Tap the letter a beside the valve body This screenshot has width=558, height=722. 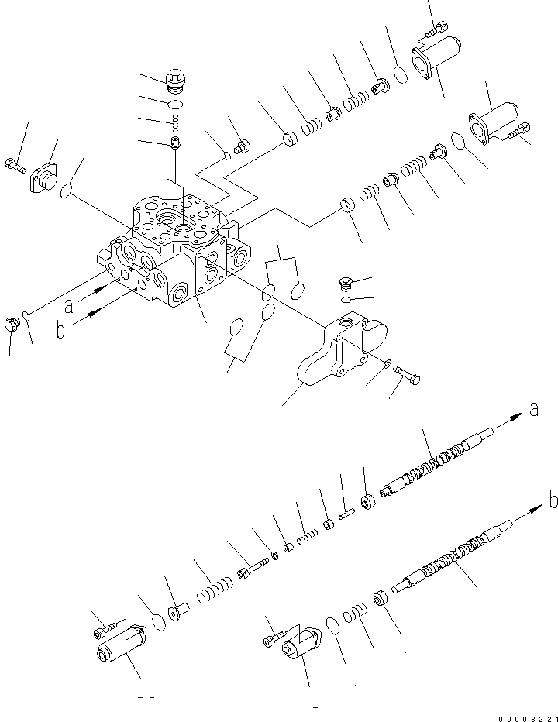(70, 306)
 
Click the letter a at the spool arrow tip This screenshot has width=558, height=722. (533, 410)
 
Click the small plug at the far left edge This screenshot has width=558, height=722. (11, 325)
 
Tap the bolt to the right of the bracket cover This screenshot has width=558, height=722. (409, 376)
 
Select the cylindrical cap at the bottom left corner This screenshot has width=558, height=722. (121, 646)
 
